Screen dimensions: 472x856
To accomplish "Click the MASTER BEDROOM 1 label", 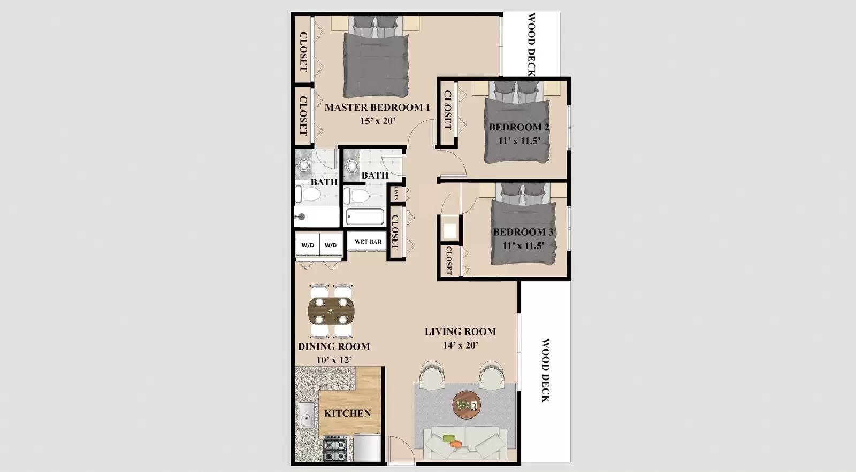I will (x=377, y=107).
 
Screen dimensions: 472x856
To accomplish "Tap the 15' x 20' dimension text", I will (x=378, y=121).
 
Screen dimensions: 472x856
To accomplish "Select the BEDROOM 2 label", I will (x=518, y=127).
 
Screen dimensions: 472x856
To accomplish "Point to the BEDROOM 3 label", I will (x=523, y=232).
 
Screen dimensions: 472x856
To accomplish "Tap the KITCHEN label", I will (x=347, y=413).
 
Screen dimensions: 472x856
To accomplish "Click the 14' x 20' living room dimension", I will (x=460, y=345).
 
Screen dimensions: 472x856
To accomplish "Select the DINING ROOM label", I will (x=334, y=346).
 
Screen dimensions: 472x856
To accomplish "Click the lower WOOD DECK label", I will (x=545, y=370).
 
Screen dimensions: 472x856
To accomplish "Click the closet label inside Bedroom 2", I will (x=447, y=111).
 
